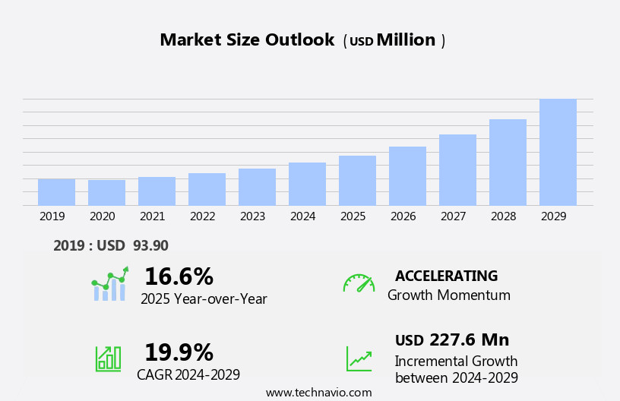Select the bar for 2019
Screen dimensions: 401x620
(56, 192)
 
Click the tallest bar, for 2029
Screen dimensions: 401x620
(558, 152)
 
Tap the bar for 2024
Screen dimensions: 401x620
(307, 184)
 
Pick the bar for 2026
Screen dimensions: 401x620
(407, 176)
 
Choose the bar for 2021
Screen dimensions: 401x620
(157, 191)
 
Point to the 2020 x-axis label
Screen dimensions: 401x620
(102, 216)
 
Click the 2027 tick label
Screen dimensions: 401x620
(453, 216)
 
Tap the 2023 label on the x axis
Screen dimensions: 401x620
(252, 216)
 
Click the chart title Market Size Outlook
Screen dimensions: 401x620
(247, 40)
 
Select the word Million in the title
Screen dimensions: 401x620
(406, 40)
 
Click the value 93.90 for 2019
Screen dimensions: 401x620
(150, 245)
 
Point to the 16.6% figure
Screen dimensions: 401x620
(179, 276)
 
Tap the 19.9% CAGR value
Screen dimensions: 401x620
(179, 352)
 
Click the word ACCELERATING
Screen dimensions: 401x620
(446, 276)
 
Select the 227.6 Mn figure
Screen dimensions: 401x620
(469, 339)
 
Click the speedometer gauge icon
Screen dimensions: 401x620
(359, 283)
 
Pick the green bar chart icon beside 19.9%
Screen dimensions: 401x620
(108, 358)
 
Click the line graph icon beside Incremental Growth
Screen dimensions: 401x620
(359, 358)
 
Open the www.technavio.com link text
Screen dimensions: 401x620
(318, 393)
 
